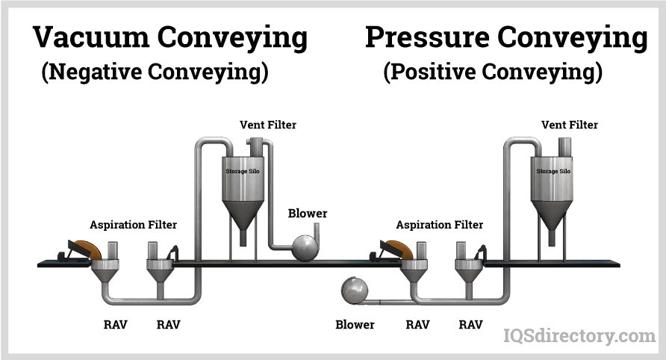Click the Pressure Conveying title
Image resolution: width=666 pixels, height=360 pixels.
pyautogui.click(x=505, y=38)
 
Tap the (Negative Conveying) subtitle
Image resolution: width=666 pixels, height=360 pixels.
pyautogui.click(x=155, y=72)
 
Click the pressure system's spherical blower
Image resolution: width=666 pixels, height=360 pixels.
pyautogui.click(x=352, y=290)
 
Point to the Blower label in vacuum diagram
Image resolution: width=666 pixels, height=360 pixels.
pyautogui.click(x=308, y=214)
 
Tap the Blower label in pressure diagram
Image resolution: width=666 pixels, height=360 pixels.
pyautogui.click(x=355, y=325)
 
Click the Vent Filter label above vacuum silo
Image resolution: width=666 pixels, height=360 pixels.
pyautogui.click(x=268, y=125)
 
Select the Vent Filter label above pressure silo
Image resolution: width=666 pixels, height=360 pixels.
pyautogui.click(x=570, y=125)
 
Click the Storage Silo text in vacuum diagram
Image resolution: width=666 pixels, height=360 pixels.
pyautogui.click(x=243, y=171)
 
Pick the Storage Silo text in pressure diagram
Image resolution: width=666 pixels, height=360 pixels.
pyautogui.click(x=553, y=171)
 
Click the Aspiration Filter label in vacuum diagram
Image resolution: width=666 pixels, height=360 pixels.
pyautogui.click(x=134, y=224)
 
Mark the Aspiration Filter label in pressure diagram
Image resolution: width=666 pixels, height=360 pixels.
pyautogui.click(x=440, y=224)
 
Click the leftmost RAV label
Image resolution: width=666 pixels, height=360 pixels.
pyautogui.click(x=115, y=325)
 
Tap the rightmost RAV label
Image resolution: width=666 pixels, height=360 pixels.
pyautogui.click(x=470, y=325)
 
